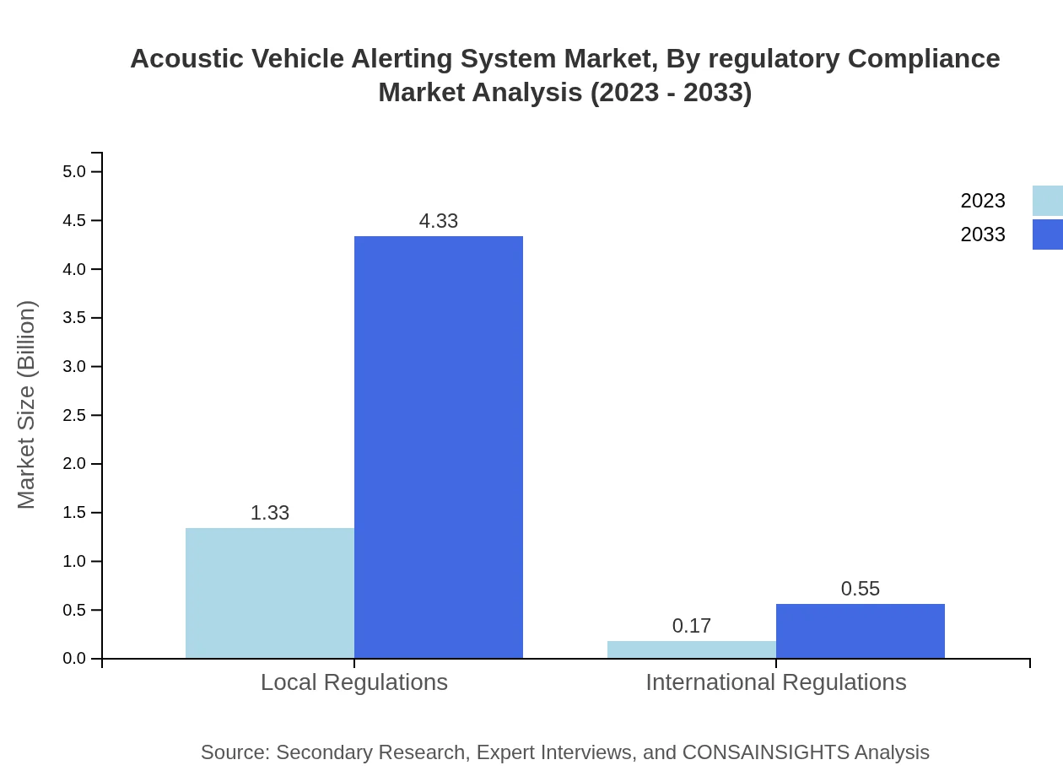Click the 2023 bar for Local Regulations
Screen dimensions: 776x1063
point(270,593)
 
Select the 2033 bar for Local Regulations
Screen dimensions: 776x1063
point(439,447)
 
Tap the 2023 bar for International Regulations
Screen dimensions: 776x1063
point(692,649)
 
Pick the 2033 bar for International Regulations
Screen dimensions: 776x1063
point(861,631)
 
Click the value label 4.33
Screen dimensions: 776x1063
point(439,221)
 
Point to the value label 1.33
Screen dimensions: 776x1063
point(270,513)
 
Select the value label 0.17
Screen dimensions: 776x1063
point(692,626)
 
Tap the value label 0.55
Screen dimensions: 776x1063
point(861,589)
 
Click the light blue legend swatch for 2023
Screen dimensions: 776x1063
point(1048,201)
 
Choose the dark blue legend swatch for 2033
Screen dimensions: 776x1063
point(1048,234)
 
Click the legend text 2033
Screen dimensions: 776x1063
point(983,234)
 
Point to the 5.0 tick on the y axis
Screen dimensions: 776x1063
point(74,172)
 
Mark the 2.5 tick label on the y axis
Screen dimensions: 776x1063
point(74,416)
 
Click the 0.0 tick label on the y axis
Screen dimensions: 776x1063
point(74,659)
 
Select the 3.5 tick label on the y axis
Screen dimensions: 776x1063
point(74,318)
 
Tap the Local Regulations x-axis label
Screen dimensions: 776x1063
point(354,682)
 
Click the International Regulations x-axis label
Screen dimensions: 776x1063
point(776,682)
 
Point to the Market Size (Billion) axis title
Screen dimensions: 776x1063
point(26,405)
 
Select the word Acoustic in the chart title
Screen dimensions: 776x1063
point(179,59)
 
